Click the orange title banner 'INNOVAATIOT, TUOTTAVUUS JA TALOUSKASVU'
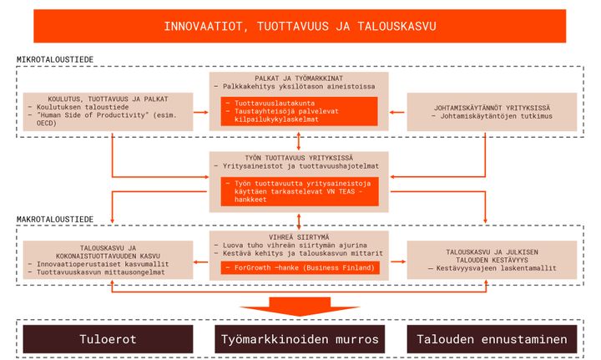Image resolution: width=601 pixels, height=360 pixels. click(300, 26)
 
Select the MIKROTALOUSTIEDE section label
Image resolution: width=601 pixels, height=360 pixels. click(55, 59)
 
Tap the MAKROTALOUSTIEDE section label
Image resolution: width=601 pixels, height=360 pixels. click(55, 220)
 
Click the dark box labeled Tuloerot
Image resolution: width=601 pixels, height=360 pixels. click(108, 339)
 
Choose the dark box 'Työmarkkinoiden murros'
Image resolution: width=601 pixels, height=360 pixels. click(300, 339)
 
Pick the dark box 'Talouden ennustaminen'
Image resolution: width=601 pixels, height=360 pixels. click(492, 339)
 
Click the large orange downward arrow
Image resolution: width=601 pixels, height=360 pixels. click(300, 307)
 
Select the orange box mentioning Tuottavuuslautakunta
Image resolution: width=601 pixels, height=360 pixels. click(299, 111)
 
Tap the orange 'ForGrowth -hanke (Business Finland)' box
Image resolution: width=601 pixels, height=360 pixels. click(300, 267)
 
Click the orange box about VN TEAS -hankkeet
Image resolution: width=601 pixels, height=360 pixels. click(300, 191)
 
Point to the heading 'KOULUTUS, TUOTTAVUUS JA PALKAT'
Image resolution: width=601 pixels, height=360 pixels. click(108, 99)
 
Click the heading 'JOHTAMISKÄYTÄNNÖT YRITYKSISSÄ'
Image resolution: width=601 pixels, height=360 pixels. click(492, 108)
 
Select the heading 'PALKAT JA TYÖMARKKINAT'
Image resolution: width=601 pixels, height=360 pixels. click(299, 79)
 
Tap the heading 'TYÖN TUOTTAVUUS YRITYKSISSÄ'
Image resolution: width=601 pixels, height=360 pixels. click(299, 158)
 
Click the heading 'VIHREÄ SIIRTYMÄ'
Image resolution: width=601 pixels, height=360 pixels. click(299, 237)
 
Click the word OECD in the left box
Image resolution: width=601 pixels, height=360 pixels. click(47, 123)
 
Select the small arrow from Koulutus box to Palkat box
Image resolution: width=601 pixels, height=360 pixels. click(201, 112)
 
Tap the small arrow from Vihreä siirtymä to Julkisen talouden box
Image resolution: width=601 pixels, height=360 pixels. click(398, 261)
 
